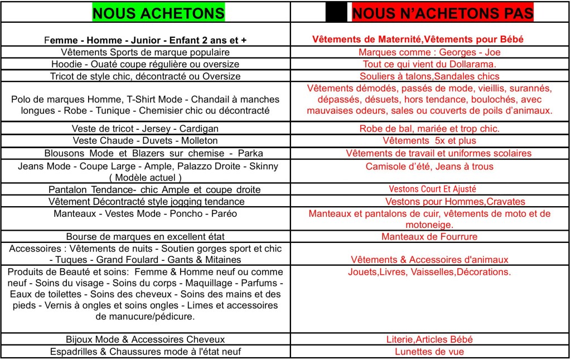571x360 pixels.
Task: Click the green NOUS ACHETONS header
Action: (x=158, y=13)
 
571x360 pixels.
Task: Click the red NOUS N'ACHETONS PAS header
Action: (x=443, y=13)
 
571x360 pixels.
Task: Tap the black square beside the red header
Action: (x=336, y=13)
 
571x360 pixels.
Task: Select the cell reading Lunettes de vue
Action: (x=429, y=352)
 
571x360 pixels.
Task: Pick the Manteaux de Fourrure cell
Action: (x=429, y=236)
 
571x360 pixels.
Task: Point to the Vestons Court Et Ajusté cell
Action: (x=429, y=189)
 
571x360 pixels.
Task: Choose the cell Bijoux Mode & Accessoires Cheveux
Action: (x=145, y=339)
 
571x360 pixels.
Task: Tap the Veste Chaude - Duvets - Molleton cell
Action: (x=145, y=140)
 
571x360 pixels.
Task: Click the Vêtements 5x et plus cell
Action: (x=429, y=140)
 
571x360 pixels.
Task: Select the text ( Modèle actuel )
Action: (x=145, y=177)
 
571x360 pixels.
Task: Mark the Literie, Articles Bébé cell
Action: (x=429, y=339)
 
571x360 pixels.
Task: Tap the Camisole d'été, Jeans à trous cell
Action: (x=429, y=166)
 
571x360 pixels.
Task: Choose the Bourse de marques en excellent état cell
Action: (x=145, y=236)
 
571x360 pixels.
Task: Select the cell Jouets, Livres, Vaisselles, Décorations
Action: (x=429, y=273)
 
